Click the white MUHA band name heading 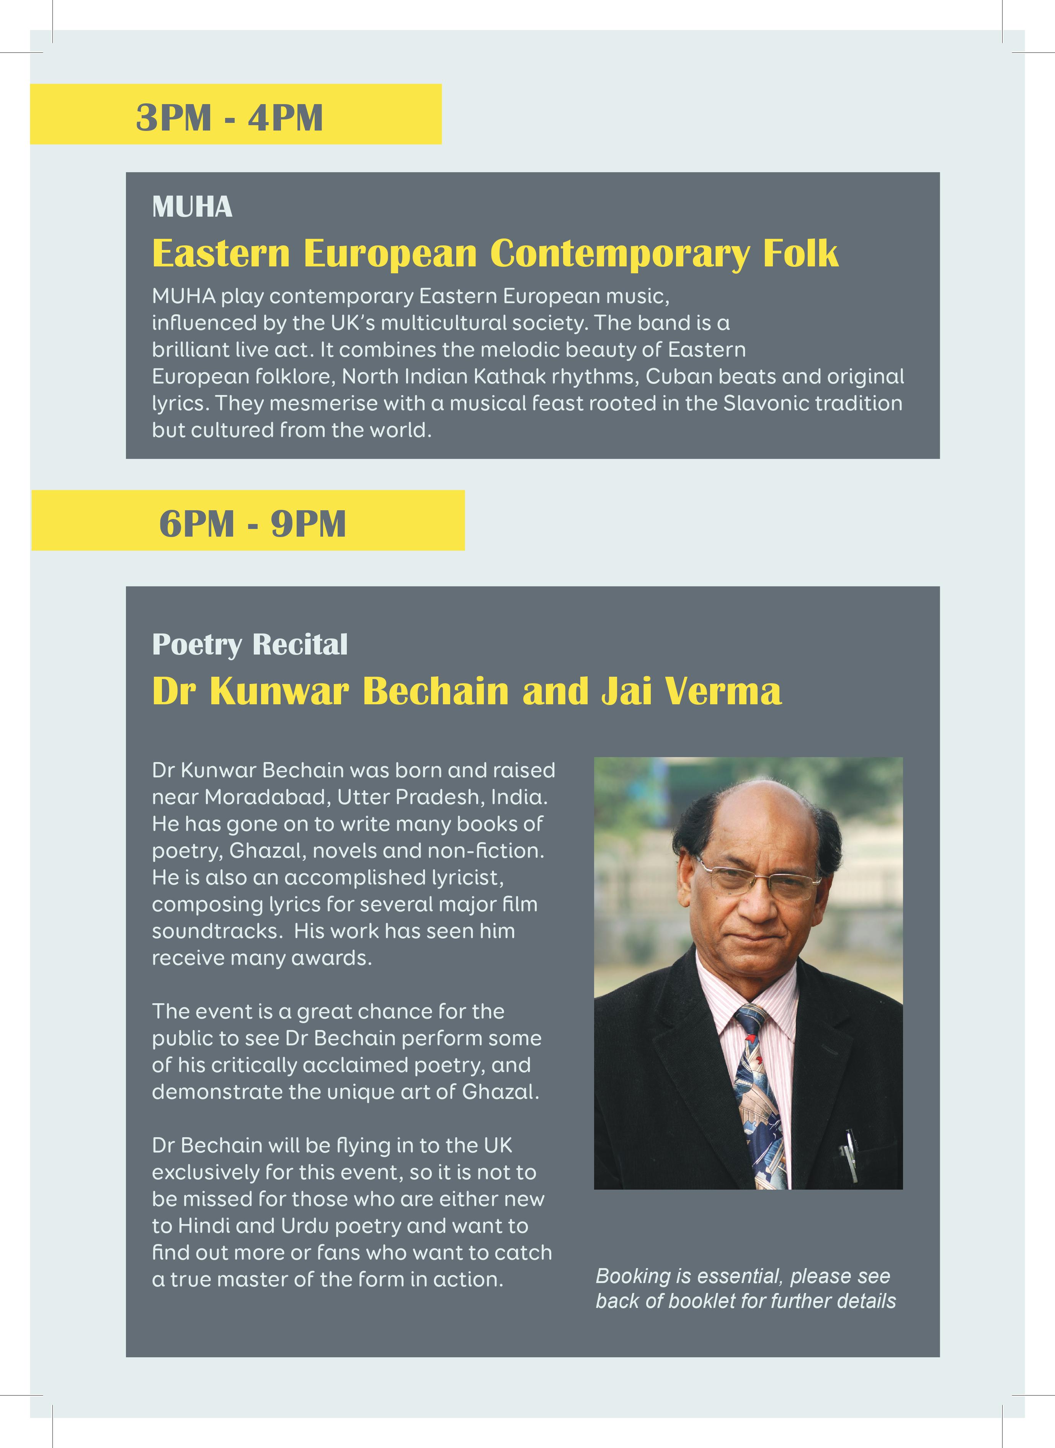click(x=192, y=207)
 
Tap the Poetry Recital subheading click(x=250, y=645)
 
